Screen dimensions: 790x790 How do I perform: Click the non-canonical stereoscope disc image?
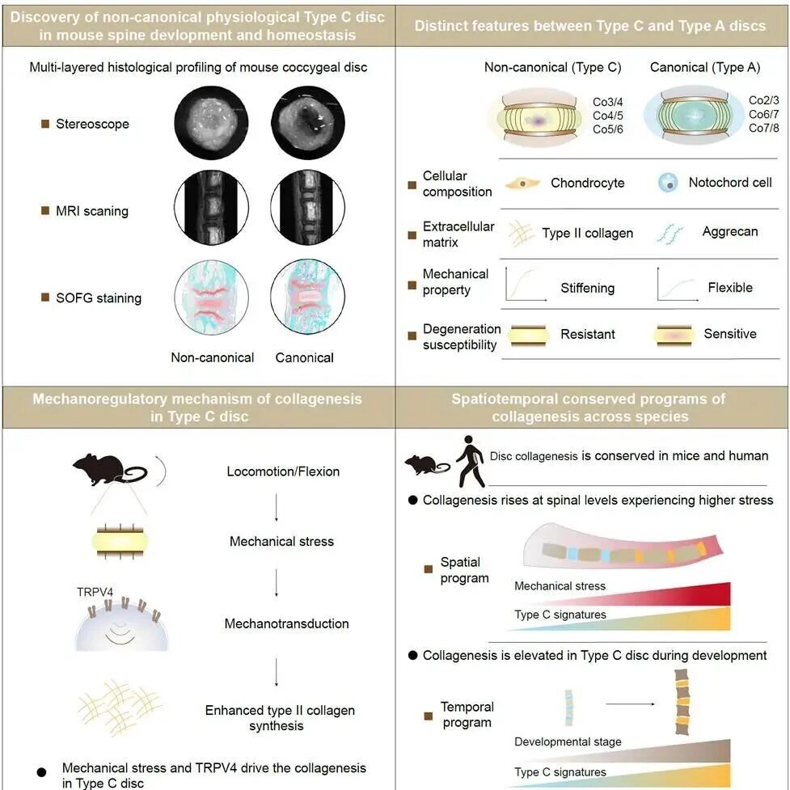coord(212,122)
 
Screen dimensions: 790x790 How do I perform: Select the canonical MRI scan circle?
coord(307,207)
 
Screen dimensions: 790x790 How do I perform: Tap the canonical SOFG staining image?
coord(307,296)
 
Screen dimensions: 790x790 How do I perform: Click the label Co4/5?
coord(607,116)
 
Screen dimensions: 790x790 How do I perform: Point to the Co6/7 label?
coord(764,114)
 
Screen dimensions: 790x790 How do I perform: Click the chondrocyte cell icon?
coord(522,183)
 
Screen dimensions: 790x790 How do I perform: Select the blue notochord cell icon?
coord(668,183)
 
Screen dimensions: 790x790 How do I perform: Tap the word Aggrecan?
coord(730,231)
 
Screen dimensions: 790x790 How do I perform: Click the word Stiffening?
coord(588,288)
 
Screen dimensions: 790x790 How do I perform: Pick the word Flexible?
coord(730,287)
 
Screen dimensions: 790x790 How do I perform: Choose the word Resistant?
coord(588,334)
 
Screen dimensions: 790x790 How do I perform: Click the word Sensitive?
coord(730,333)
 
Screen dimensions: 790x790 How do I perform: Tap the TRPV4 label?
coord(95,592)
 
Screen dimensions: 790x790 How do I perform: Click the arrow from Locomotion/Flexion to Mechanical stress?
coord(276,507)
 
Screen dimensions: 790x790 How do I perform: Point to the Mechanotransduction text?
coord(286,623)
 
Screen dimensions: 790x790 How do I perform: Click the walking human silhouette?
coord(471,461)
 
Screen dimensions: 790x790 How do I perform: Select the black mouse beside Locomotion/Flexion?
coord(110,470)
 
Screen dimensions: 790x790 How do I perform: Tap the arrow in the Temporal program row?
coord(630,703)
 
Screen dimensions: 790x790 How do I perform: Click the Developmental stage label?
coord(568,741)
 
